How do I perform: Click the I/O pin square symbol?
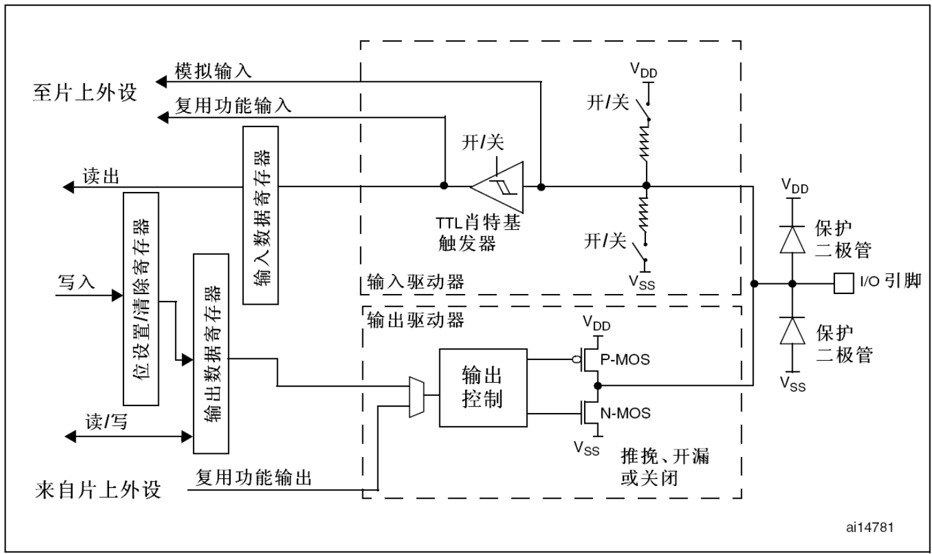(844, 283)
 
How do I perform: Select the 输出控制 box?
(483, 388)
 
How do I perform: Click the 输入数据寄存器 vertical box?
(260, 215)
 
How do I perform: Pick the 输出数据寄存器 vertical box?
(211, 353)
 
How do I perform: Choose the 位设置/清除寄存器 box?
(141, 299)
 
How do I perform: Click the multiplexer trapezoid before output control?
(417, 397)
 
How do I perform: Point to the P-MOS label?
(625, 359)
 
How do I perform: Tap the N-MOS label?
(625, 413)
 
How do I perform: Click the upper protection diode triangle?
(792, 239)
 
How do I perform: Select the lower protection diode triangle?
(792, 331)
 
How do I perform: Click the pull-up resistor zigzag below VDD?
(645, 142)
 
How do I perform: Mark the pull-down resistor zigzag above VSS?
(645, 215)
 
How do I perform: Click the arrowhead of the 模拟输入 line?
(161, 82)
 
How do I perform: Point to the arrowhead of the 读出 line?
(68, 187)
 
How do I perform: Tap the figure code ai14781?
(870, 528)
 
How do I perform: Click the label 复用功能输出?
(253, 478)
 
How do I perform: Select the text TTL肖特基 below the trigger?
(478, 223)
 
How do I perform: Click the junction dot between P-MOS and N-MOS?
(598, 386)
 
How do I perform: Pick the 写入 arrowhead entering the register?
(117, 295)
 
